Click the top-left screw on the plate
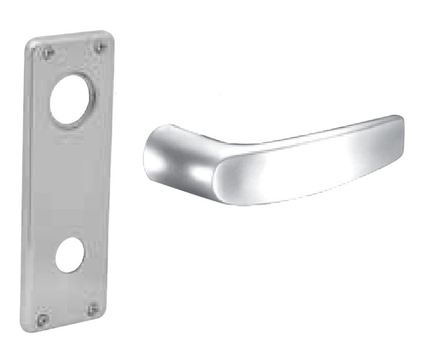(x=48, y=51)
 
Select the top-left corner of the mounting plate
(x=29, y=43)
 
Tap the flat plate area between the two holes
(x=71, y=181)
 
